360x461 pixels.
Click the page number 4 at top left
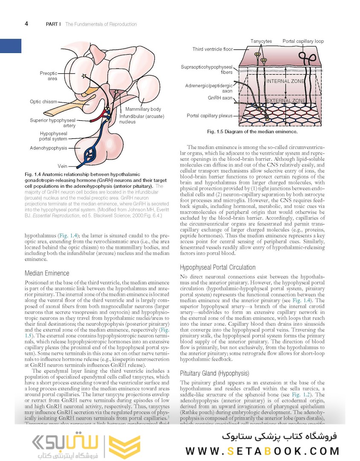click(x=26, y=24)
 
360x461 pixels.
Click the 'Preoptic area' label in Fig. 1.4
click(x=49, y=76)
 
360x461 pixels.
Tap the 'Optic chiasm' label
click(x=44, y=102)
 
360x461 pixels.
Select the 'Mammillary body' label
click(x=143, y=110)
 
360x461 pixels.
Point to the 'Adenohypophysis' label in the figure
click(x=49, y=148)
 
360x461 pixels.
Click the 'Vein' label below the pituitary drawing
click(x=62, y=166)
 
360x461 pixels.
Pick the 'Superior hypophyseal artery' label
click(x=52, y=123)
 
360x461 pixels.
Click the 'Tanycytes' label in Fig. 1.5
click(x=261, y=41)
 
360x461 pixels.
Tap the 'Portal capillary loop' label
click(x=303, y=41)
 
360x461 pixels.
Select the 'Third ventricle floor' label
click(x=212, y=49)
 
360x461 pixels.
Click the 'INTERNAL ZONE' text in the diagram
click(x=285, y=81)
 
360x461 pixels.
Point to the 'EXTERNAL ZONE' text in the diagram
click(x=285, y=101)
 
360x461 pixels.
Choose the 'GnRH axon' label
click(x=220, y=98)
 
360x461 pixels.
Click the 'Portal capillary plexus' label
click(x=209, y=116)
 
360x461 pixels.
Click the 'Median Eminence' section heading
click(x=47, y=273)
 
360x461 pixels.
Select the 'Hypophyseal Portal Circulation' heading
click(x=218, y=268)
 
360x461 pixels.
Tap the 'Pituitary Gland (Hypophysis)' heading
click(x=214, y=373)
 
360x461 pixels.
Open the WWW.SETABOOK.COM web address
click(x=262, y=451)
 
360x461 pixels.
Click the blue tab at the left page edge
click(x=10, y=46)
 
